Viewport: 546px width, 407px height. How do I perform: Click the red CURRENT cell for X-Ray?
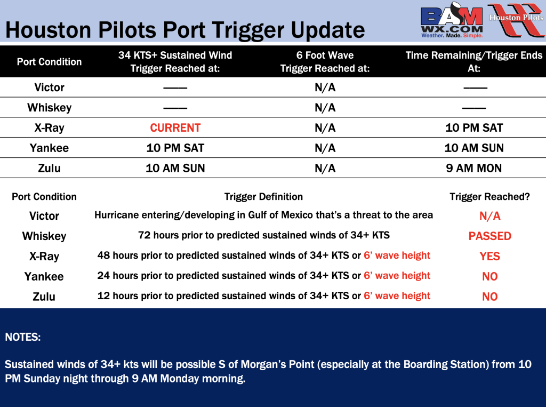(175, 128)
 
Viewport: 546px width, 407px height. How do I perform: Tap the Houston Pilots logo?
(516, 20)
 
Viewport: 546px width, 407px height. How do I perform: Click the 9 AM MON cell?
(474, 169)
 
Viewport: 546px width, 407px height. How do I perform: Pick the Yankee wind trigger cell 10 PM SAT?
(175, 148)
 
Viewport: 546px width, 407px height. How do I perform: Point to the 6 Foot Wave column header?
(325, 62)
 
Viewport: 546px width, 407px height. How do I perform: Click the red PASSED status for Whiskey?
(489, 236)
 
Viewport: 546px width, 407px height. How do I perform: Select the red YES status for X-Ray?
(489, 257)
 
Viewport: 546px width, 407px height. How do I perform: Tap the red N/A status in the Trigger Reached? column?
(489, 216)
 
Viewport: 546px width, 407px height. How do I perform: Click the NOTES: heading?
(22, 337)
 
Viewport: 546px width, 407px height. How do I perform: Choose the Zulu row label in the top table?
(49, 169)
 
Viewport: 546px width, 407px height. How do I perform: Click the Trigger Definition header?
(263, 197)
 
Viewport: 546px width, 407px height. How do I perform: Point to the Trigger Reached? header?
(489, 197)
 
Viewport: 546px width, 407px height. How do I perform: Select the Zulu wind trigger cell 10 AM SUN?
(175, 169)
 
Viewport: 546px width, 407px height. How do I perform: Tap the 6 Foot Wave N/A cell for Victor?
(325, 87)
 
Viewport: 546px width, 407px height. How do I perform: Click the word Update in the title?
(328, 30)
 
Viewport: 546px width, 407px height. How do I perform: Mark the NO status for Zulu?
(489, 297)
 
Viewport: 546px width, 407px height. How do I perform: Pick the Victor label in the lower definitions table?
(44, 216)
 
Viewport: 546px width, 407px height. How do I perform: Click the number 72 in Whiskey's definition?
(144, 235)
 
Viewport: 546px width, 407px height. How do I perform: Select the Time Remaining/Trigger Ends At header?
(474, 62)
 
